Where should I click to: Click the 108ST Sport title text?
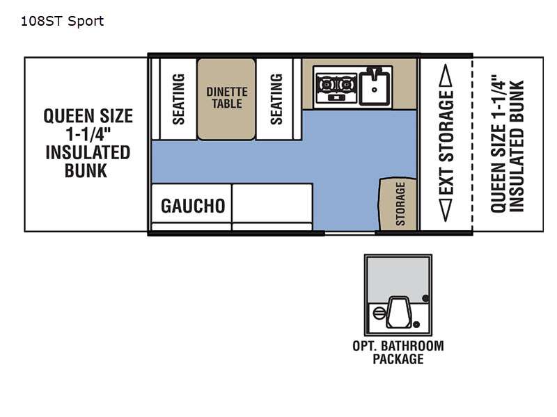click(x=62, y=22)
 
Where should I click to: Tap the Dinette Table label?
click(x=227, y=97)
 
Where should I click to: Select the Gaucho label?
click(x=193, y=206)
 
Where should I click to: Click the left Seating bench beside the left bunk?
click(x=178, y=99)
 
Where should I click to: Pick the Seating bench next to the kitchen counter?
click(x=275, y=99)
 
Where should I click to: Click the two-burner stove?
click(x=336, y=87)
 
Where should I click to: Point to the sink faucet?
click(x=373, y=73)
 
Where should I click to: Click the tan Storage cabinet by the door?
click(x=398, y=204)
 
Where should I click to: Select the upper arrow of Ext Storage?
click(x=446, y=75)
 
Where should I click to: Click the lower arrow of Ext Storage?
click(x=446, y=210)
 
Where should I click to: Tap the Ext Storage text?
click(x=446, y=142)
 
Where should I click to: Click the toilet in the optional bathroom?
click(x=398, y=312)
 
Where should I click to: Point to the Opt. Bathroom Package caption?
click(x=398, y=352)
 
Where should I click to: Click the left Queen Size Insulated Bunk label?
click(x=88, y=143)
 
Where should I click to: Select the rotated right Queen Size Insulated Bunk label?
click(x=508, y=143)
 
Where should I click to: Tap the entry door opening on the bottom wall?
click(x=350, y=233)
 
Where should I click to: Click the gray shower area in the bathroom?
click(x=398, y=280)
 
